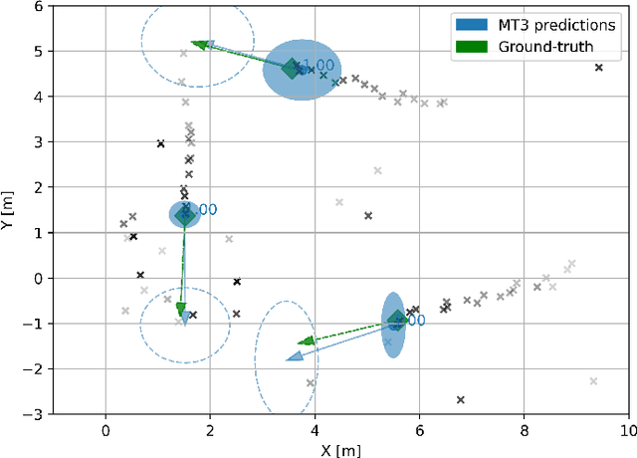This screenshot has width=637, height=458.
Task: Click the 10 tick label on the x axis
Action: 627,430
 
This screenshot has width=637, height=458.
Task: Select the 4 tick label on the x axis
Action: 315,430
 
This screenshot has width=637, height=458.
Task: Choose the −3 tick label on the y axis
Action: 34,413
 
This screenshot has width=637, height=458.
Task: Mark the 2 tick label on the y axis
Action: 38,187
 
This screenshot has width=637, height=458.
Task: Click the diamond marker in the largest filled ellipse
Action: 292,69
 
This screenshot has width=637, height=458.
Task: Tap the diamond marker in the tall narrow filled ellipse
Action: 397,320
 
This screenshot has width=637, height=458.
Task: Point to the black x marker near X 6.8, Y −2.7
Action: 461,400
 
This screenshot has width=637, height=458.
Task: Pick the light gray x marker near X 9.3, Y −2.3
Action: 593,381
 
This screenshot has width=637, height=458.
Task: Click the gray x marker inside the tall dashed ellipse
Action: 311,383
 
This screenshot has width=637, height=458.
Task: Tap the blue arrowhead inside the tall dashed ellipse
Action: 295,356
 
